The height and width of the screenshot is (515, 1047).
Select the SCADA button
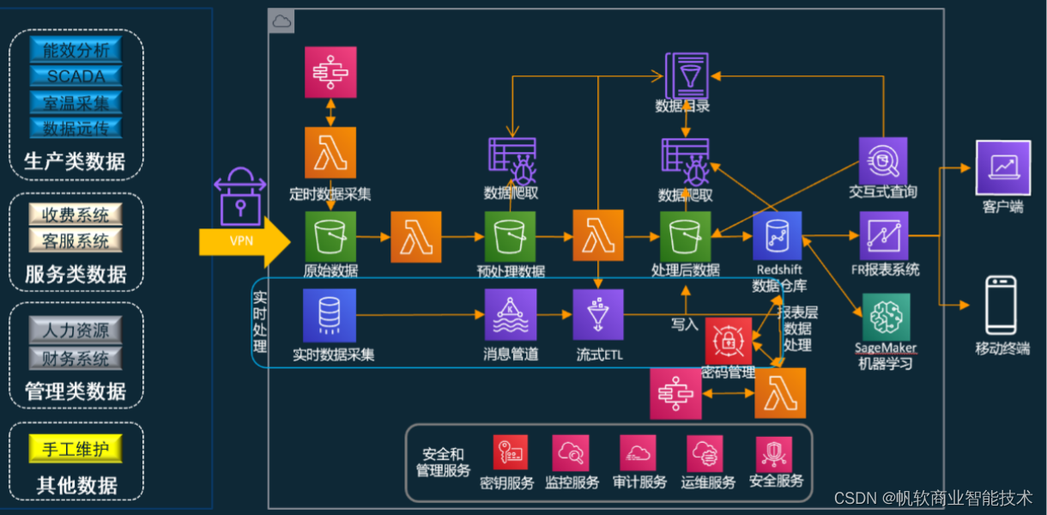click(x=76, y=76)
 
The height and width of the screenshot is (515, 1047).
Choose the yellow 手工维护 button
click(x=76, y=448)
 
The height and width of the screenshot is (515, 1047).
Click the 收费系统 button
click(x=76, y=214)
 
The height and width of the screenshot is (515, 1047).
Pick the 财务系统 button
click(x=76, y=357)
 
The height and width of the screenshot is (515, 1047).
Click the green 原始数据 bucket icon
click(x=330, y=236)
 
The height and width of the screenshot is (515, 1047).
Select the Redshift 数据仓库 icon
click(x=778, y=236)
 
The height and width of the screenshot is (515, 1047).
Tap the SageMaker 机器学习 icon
click(x=887, y=318)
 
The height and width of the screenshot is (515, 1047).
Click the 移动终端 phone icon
click(x=1001, y=305)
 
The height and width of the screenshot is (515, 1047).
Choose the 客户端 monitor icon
click(x=1002, y=167)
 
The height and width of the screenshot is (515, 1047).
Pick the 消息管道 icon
click(x=511, y=314)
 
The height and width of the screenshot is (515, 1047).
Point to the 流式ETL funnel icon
click(x=598, y=314)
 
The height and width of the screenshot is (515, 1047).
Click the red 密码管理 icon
click(x=729, y=341)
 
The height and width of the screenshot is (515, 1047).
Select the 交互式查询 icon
click(x=883, y=161)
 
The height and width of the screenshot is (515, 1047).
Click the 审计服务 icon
click(x=638, y=452)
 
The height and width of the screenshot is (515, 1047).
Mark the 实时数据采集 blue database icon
click(x=330, y=315)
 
